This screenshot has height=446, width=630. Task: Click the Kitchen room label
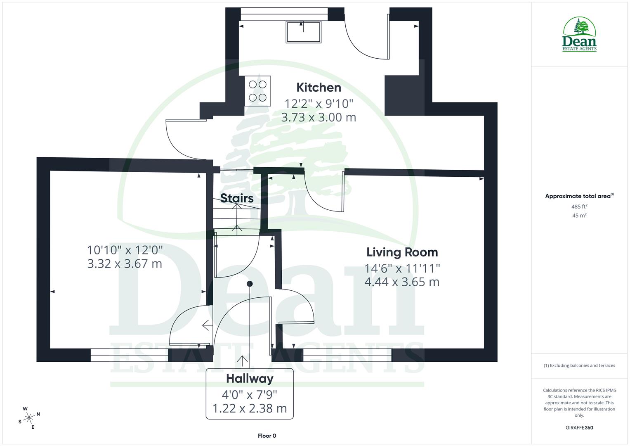[x=319, y=88]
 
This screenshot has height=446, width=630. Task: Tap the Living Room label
[x=402, y=252]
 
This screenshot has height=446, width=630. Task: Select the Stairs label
[x=237, y=198]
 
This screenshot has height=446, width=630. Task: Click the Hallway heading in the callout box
[x=250, y=378]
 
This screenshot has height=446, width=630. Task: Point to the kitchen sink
[x=303, y=32]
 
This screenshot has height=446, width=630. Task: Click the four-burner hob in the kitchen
[x=258, y=91]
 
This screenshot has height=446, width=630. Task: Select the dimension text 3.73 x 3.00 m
[x=319, y=117]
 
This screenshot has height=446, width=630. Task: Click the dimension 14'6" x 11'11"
[x=402, y=268]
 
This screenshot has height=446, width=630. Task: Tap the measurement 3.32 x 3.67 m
[x=125, y=263]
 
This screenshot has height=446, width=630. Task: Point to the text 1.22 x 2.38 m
[x=250, y=408]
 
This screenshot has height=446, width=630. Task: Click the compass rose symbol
[x=29, y=418]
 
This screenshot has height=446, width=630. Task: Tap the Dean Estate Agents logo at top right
[x=579, y=35]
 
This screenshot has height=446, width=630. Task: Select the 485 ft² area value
[x=579, y=206]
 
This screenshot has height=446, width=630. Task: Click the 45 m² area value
[x=579, y=216]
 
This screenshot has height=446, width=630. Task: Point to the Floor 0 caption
[x=267, y=436]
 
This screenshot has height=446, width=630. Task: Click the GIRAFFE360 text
[x=579, y=428]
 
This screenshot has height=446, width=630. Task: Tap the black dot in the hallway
[x=250, y=284]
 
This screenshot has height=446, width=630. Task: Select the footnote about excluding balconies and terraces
[x=579, y=365]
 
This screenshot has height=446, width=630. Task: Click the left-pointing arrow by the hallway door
[x=206, y=325]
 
